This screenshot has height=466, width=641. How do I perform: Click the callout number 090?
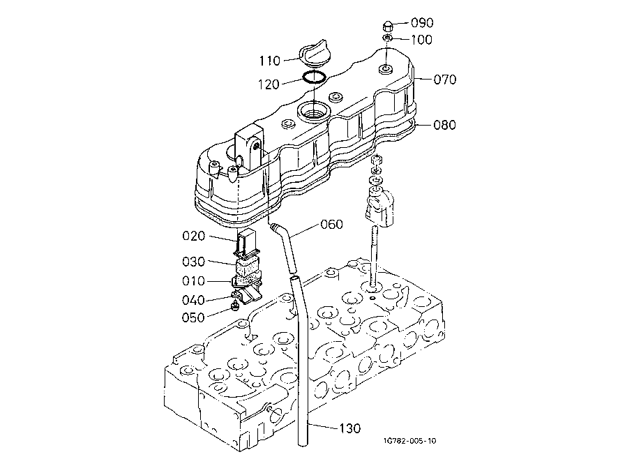pos(422,22)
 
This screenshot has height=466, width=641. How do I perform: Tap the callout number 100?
pos(421,40)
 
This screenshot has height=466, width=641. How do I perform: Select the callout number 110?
pos(270,61)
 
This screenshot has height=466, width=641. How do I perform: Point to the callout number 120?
pos(269,84)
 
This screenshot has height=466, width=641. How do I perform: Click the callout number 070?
pos(445,80)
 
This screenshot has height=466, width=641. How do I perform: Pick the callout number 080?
pos(445,125)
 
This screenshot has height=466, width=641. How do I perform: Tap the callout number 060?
pos(331,225)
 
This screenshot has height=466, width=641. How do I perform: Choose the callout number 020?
pos(193,236)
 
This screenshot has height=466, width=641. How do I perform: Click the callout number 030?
pos(193,262)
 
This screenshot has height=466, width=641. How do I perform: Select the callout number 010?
pos(193,281)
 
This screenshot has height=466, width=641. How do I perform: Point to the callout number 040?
pos(193,301)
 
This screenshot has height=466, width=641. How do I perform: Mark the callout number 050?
pos(193,317)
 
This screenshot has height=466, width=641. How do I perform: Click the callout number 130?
pos(350,428)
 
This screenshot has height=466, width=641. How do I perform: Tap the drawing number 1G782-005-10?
pos(410,441)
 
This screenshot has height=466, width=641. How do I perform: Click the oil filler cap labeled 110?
pos(313,52)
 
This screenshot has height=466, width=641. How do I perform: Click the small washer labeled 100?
pos(387,38)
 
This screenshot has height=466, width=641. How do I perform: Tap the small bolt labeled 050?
pos(236,305)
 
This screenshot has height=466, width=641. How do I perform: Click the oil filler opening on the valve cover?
pos(312,111)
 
